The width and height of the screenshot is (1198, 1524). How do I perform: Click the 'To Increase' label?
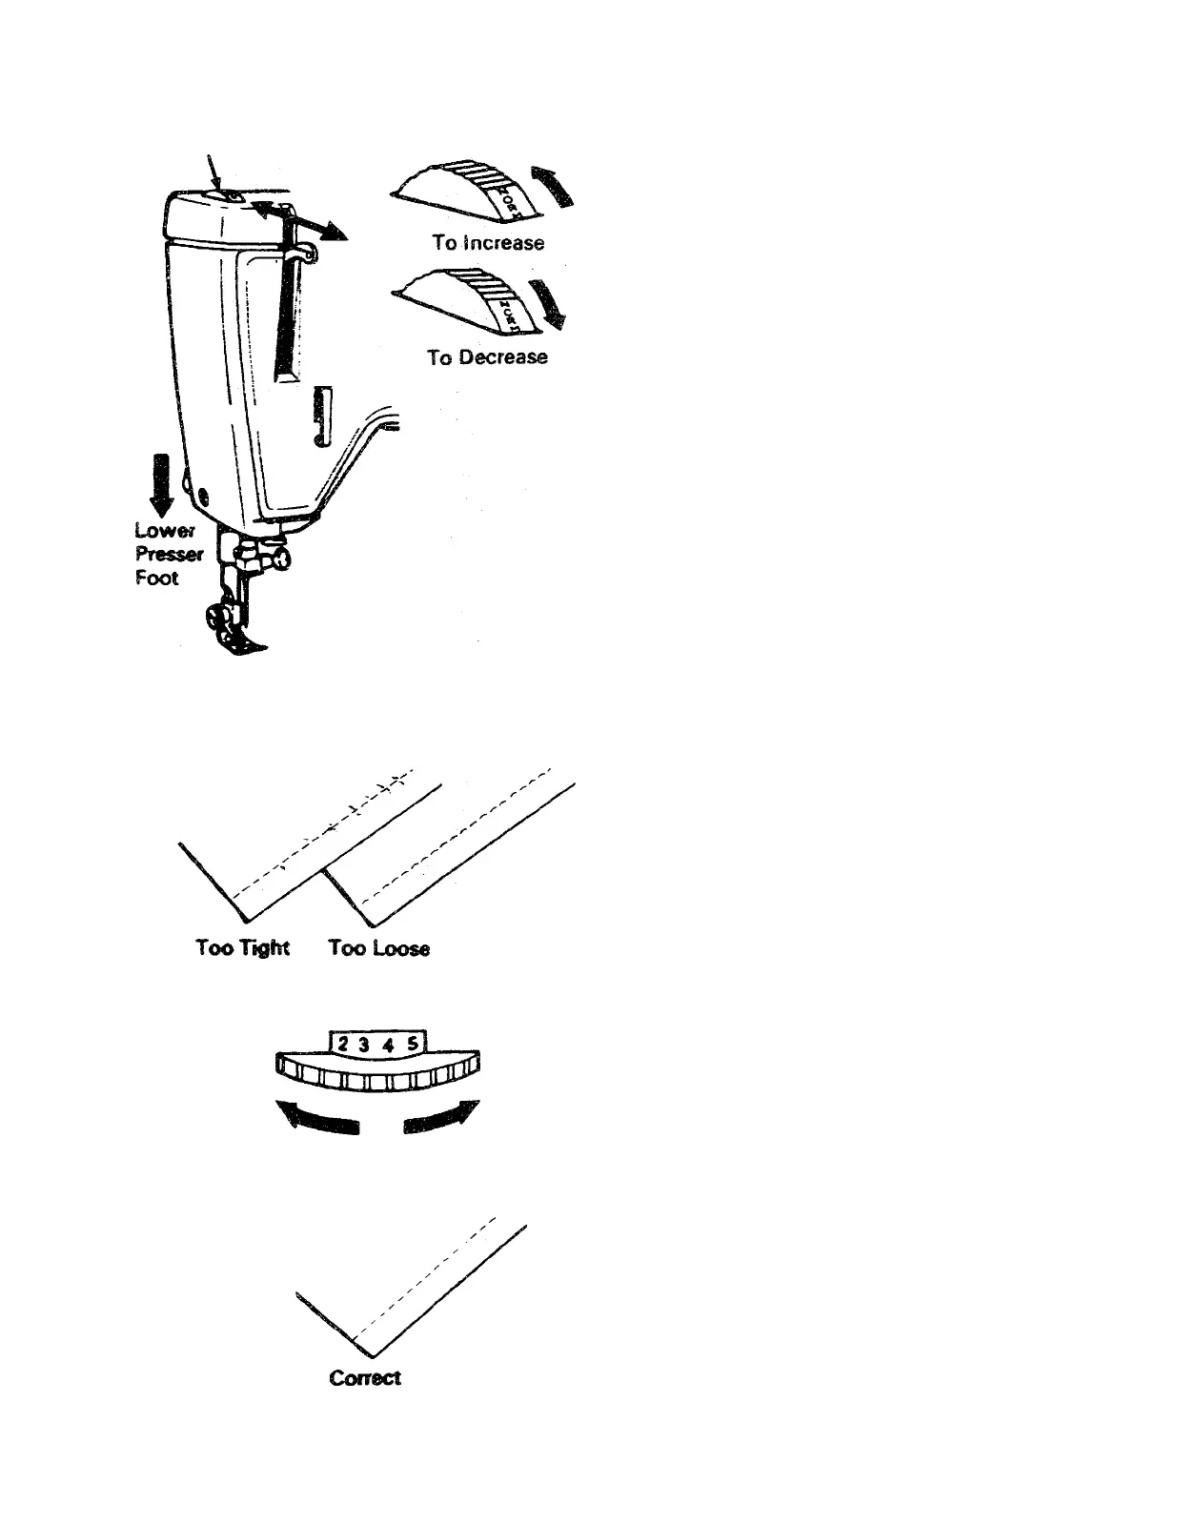click(488, 243)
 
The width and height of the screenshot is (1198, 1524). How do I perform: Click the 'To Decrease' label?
click(487, 357)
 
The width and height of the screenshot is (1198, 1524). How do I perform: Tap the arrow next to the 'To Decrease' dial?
click(547, 304)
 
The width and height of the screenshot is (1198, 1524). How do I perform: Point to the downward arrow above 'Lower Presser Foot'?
click(164, 485)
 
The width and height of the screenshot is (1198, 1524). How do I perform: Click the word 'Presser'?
click(169, 554)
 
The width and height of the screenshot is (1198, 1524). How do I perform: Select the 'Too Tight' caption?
click(242, 947)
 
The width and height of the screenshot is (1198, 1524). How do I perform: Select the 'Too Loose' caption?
click(378, 948)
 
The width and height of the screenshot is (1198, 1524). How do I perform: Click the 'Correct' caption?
click(364, 1378)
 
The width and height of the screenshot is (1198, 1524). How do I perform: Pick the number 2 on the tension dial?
click(343, 1044)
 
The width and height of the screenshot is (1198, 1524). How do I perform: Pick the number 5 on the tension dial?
click(412, 1044)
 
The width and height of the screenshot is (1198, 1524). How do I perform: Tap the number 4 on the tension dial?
click(389, 1044)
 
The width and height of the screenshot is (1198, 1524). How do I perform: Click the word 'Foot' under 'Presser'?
click(156, 578)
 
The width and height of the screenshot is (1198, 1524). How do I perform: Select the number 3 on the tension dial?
click(365, 1044)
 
